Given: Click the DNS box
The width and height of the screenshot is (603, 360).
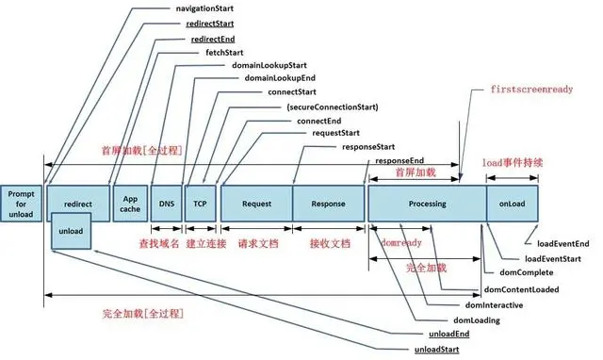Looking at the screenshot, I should (165, 203).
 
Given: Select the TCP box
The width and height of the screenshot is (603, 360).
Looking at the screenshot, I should (200, 203).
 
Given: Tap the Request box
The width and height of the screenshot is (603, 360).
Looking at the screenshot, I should (256, 203).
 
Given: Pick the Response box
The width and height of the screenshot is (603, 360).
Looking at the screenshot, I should (327, 203).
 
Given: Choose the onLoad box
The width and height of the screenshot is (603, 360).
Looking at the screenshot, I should (513, 203).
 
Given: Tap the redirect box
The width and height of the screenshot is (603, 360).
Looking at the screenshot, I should (77, 204).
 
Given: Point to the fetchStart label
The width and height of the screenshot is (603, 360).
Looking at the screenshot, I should (224, 52).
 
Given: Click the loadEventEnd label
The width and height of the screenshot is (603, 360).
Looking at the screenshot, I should (562, 243).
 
